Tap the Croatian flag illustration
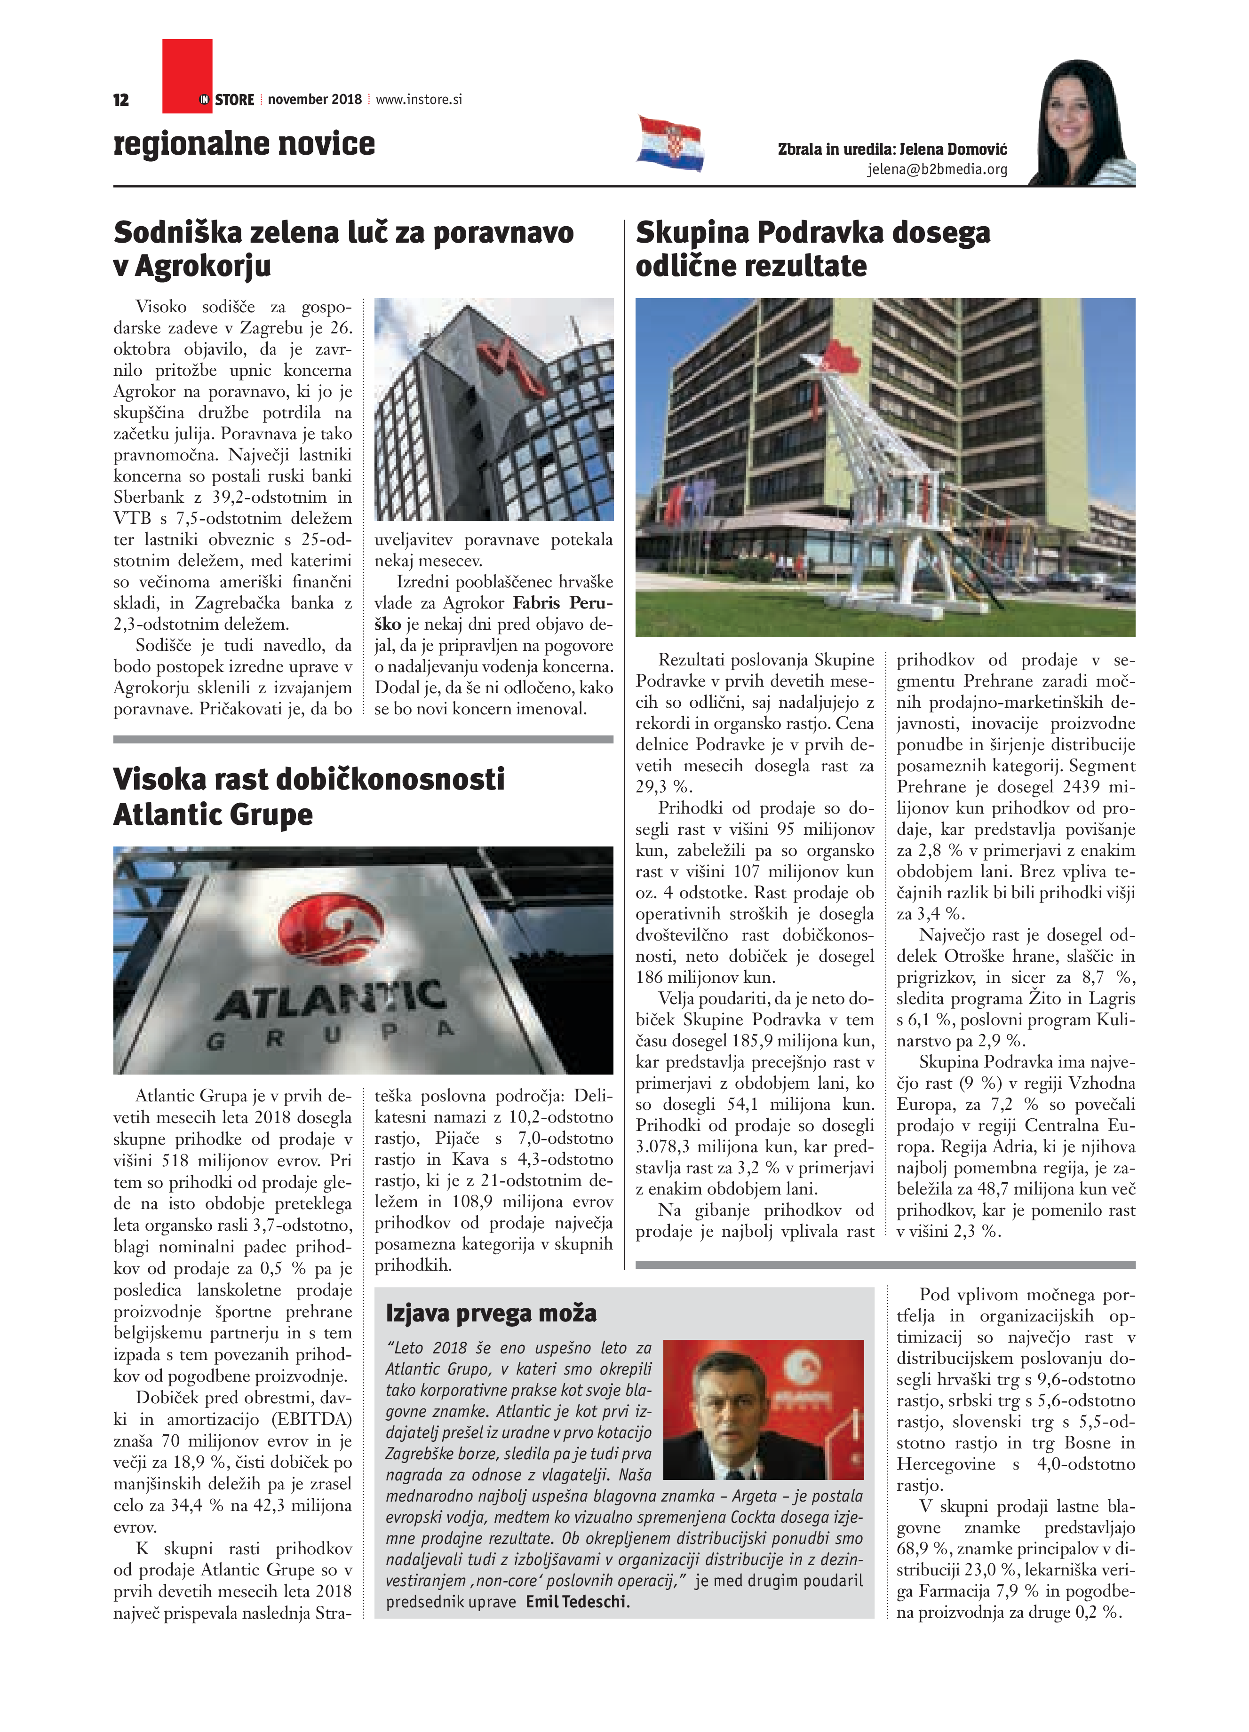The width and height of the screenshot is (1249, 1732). [670, 143]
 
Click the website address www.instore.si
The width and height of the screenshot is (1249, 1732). [419, 99]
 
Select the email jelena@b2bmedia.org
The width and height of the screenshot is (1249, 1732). [937, 170]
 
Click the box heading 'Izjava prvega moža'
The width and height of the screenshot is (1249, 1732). [491, 1313]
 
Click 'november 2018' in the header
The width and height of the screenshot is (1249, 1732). [315, 99]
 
